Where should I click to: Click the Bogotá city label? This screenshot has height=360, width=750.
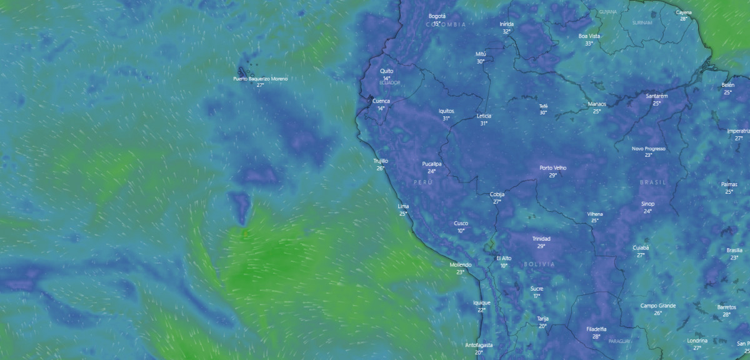tap(437, 16)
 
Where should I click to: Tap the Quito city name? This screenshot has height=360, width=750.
tap(387, 71)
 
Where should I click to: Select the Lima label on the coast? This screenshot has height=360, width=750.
tap(403, 206)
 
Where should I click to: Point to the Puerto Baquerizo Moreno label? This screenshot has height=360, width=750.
tap(261, 78)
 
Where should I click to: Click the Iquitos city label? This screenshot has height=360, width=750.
tap(446, 111)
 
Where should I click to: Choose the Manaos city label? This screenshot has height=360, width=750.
tap(597, 104)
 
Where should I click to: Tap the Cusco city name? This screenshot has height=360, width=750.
tap(461, 223)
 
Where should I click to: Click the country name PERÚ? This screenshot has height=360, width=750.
tap(423, 181)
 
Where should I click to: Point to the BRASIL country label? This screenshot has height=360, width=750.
tap(653, 182)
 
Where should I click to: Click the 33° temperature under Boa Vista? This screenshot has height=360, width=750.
tap(589, 44)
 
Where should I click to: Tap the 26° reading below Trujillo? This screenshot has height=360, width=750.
tap(380, 168)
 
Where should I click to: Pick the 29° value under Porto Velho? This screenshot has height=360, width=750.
tap(552, 176)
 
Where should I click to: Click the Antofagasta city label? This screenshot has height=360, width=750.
tap(479, 345)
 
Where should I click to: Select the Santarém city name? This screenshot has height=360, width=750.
tap(657, 96)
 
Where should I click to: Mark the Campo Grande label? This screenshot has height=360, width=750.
tap(658, 306)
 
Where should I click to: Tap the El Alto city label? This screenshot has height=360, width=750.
tap(504, 257)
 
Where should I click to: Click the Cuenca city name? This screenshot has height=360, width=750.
tap(381, 101)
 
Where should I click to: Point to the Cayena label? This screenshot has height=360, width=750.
tap(684, 12)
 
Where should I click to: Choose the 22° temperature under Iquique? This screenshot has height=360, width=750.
tap(481, 310)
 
